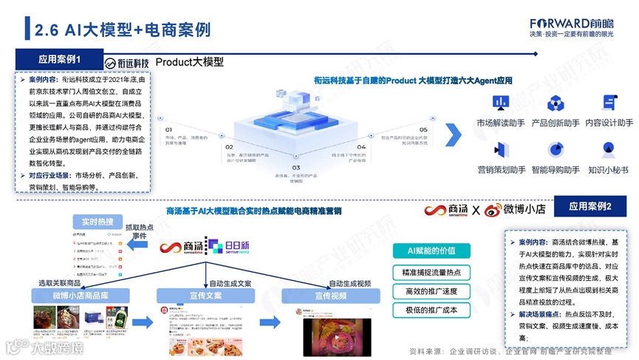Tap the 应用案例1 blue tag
[x=60, y=58]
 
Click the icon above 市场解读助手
[x=500, y=103]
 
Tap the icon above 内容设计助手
[x=609, y=103]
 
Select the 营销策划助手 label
[x=502, y=169]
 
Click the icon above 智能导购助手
[x=555, y=150]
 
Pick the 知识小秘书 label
[x=609, y=169]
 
